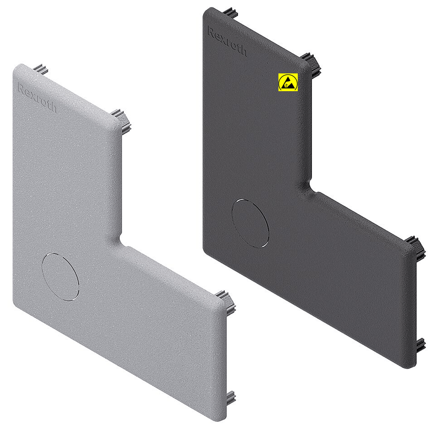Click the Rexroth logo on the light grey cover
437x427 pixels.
click(37, 97)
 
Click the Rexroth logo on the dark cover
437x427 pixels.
click(227, 41)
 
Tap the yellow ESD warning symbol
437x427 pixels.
click(288, 82)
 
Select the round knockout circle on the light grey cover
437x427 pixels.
click(60, 277)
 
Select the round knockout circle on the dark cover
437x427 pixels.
click(250, 223)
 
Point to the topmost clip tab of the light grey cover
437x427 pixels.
click(41, 69)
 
